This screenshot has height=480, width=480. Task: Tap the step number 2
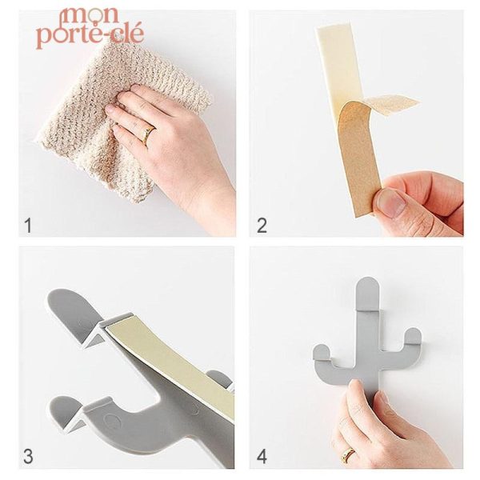[x=262, y=226]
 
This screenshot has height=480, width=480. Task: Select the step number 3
[x=28, y=457]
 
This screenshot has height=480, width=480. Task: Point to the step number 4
[x=262, y=457]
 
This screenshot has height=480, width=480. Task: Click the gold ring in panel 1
[x=147, y=134]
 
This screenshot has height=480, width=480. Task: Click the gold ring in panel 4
[x=350, y=455]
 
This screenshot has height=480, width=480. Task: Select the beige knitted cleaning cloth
[x=80, y=120]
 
